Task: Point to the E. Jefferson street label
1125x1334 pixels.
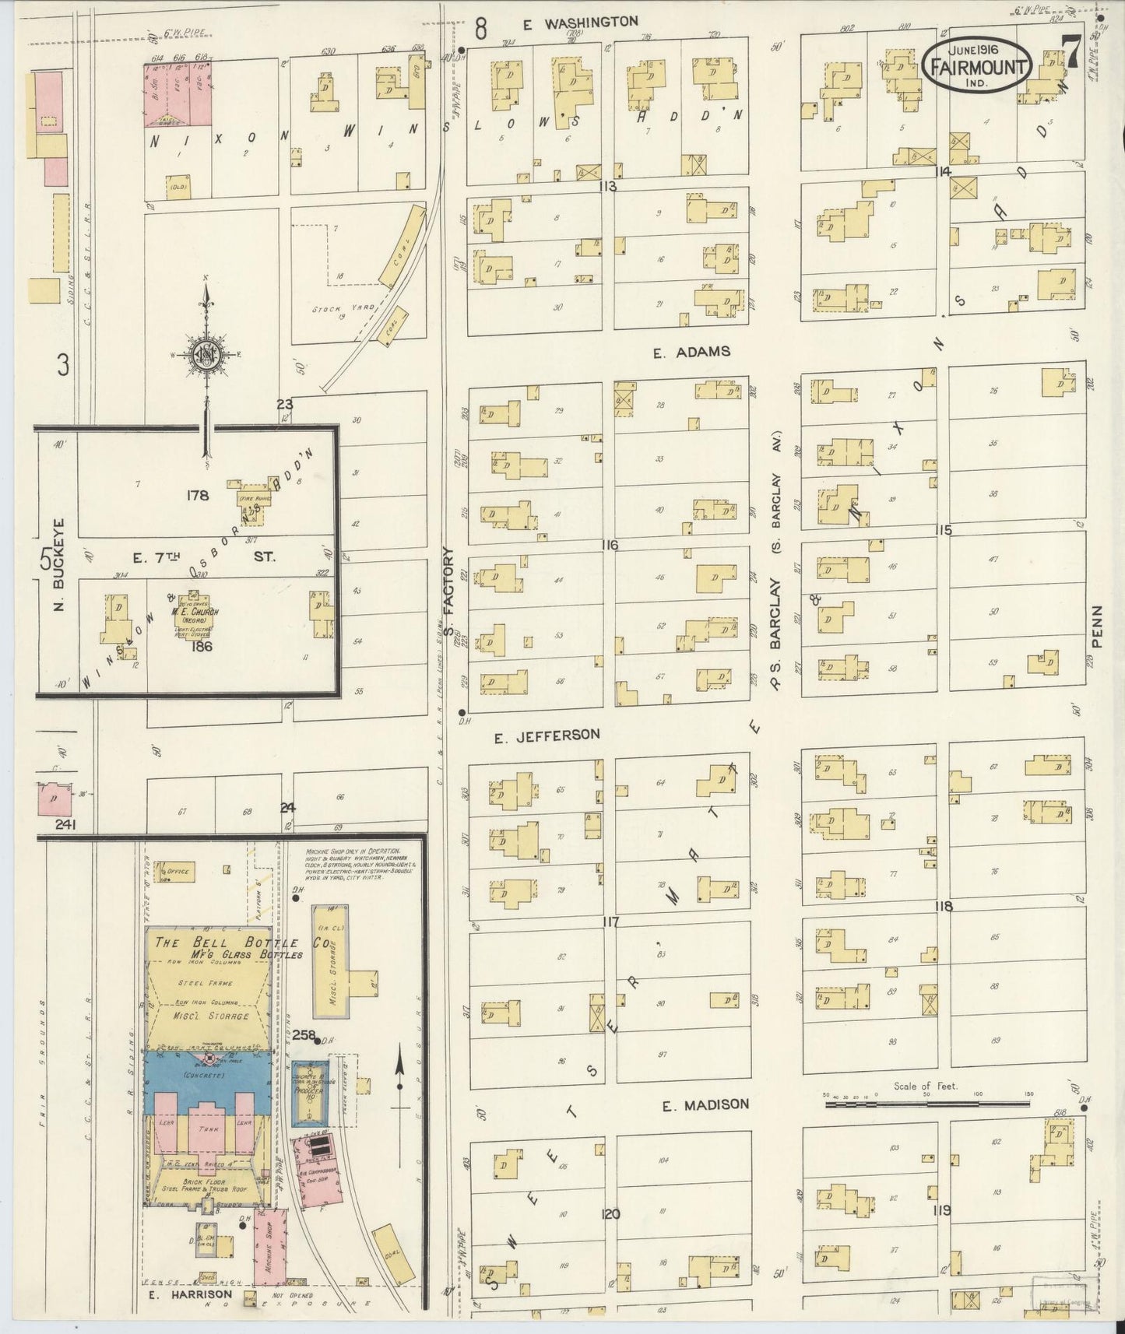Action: pyautogui.click(x=547, y=734)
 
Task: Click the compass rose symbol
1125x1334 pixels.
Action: pyautogui.click(x=206, y=355)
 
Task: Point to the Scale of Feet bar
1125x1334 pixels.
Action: pyautogui.click(x=926, y=1102)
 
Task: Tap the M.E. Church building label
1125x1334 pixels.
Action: pyautogui.click(x=194, y=612)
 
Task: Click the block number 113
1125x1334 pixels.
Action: pyautogui.click(x=608, y=186)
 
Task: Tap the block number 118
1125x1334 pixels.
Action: pyautogui.click(x=944, y=906)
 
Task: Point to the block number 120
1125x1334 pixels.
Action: pyautogui.click(x=610, y=1213)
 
